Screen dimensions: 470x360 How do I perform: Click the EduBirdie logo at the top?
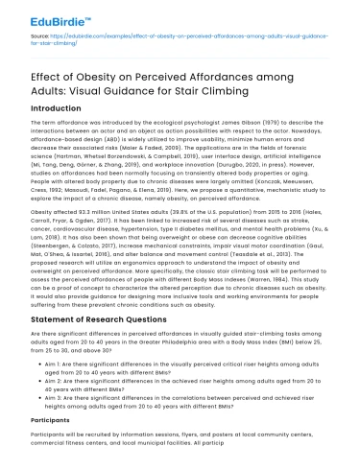pyautogui.click(x=53, y=17)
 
